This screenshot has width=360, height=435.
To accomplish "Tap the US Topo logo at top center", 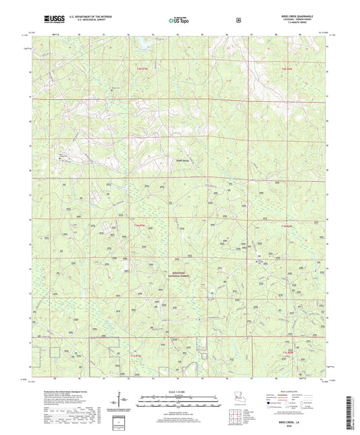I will (179, 20).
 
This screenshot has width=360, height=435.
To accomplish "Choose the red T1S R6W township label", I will (288, 352).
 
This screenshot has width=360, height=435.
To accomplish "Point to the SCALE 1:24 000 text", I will (179, 392).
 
